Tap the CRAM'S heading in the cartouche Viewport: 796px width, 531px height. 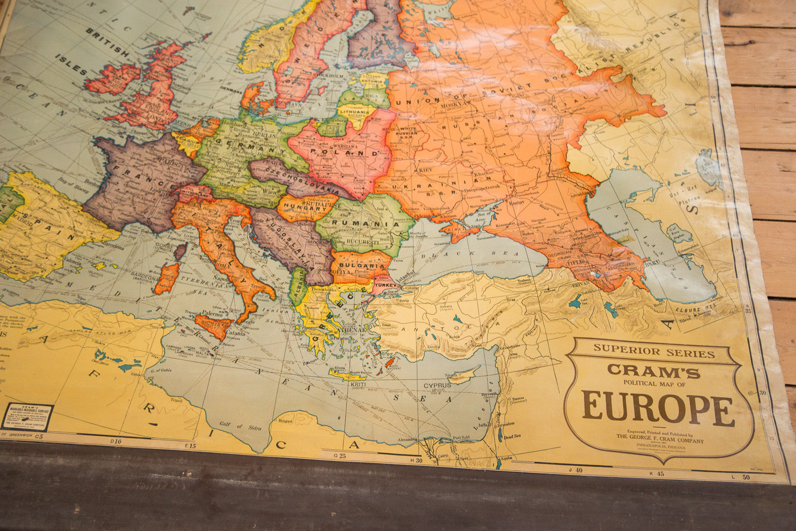coord(653,371)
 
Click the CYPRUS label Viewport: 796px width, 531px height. coord(437,385)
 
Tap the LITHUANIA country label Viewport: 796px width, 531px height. coord(354,112)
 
